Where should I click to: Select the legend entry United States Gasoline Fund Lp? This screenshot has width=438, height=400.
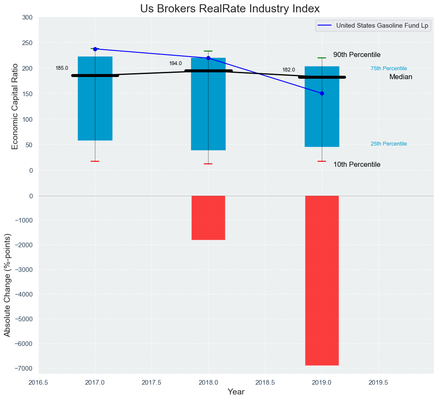[x=382, y=26]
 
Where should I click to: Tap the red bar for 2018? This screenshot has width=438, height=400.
[x=208, y=217]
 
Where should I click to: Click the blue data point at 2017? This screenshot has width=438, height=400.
[x=95, y=49]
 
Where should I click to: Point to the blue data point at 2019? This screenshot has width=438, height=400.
[x=322, y=93]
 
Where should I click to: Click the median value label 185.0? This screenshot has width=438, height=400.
[x=62, y=68]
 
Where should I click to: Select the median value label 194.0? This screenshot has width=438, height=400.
[x=175, y=63]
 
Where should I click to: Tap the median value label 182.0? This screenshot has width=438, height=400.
[x=289, y=70]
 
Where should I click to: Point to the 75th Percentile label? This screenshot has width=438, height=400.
[x=389, y=69]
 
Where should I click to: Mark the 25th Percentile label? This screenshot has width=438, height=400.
[x=389, y=144]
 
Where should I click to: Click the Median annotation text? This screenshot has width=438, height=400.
[x=401, y=77]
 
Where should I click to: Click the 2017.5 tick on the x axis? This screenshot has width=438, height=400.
[x=152, y=383]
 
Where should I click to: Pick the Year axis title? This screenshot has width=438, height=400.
[x=236, y=392]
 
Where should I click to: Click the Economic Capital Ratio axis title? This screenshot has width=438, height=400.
[x=15, y=106]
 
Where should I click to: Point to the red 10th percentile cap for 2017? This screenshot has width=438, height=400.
[x=95, y=161]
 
